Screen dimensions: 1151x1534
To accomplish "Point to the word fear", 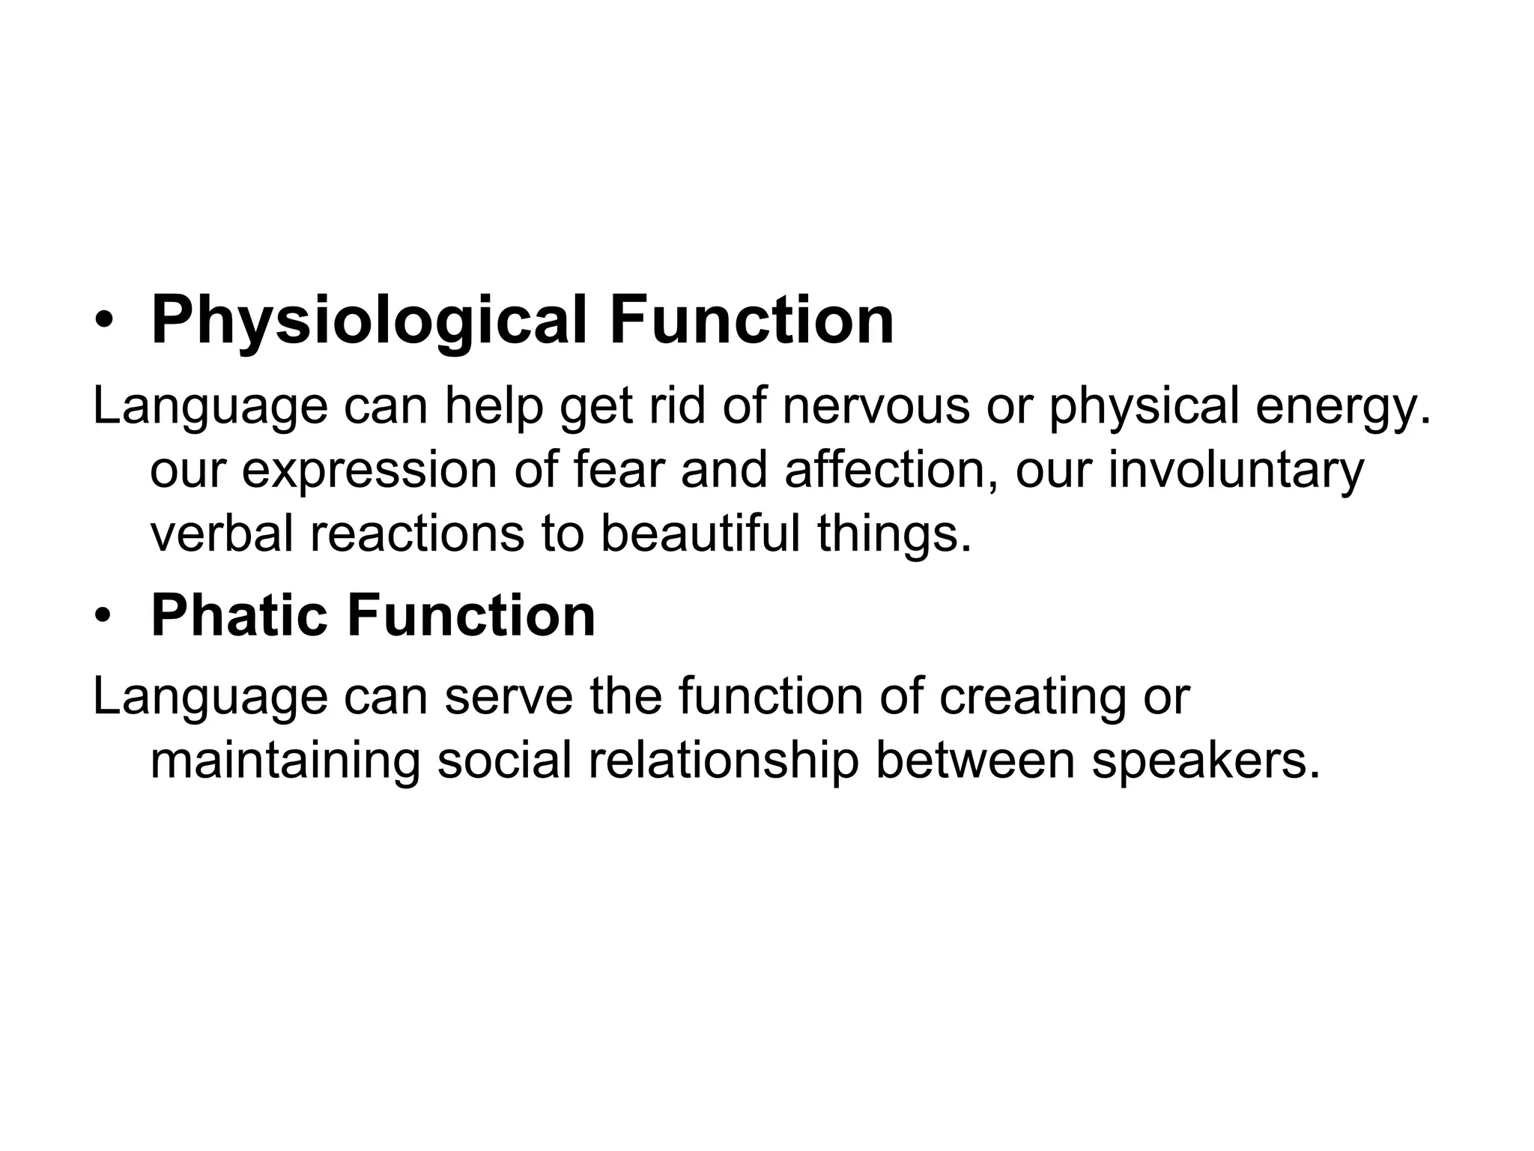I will pos(619,470).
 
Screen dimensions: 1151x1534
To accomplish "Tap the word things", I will pos(894,534).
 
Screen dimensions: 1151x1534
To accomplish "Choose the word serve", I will pos(509,696).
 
